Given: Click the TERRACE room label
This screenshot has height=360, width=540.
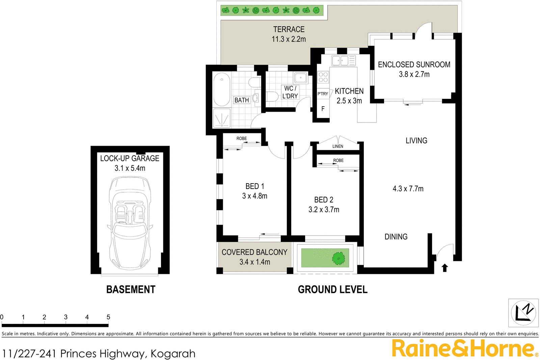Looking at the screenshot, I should click(x=289, y=30).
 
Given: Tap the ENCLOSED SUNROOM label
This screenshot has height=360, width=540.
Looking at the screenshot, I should click(x=414, y=65).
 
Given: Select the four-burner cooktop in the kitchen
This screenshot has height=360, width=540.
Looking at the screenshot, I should click(x=323, y=77).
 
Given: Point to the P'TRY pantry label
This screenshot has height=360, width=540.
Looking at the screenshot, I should click(x=323, y=94).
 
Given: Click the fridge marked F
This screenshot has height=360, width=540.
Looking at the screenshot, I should click(x=323, y=109).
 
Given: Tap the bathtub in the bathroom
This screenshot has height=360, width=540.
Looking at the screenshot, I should click(x=222, y=89).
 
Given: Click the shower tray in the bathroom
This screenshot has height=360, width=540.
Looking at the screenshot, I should click(x=222, y=118).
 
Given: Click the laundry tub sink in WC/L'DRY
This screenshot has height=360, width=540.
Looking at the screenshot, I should click(x=300, y=78).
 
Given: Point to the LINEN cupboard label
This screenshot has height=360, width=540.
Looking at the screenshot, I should click(x=337, y=146).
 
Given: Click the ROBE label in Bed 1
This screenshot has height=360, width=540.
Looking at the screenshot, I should click(x=242, y=139).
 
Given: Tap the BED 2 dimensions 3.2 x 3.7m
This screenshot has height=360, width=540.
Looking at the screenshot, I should click(x=324, y=210).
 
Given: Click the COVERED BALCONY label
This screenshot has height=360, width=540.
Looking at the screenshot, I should click(x=254, y=252).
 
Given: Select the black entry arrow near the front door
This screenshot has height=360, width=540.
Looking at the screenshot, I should click(x=445, y=268).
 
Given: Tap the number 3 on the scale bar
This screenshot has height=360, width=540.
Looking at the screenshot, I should click(x=66, y=317).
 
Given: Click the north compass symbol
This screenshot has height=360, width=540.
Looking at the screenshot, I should click(x=523, y=313).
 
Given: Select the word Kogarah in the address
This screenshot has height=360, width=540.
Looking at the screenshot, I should click(x=173, y=354).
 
